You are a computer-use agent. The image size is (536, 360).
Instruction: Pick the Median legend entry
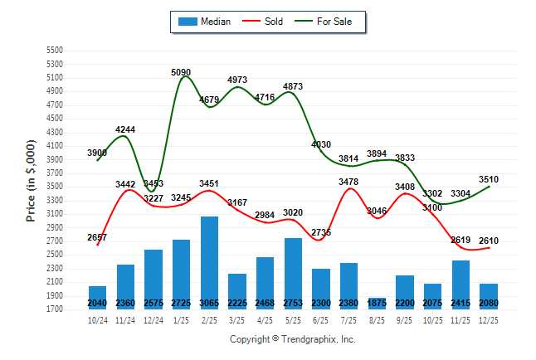tap(207, 22)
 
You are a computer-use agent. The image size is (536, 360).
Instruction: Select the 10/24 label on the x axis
tap(97, 320)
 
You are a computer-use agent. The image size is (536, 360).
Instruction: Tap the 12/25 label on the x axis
tap(489, 320)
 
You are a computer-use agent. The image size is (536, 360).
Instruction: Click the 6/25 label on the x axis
tap(321, 320)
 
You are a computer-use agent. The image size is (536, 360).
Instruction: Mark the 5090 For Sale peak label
tap(182, 72)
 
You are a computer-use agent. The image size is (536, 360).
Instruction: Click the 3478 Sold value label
tap(349, 182)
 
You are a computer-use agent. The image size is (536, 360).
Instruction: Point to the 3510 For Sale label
tap(489, 179)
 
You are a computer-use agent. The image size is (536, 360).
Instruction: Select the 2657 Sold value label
tap(98, 237)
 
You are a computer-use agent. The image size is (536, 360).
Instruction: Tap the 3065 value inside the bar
tap(209, 303)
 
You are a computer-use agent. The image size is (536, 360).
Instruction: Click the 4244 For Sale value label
tap(125, 129)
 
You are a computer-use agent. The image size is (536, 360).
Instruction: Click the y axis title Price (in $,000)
tap(31, 178)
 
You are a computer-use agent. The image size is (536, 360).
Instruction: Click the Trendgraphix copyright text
tap(292, 339)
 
